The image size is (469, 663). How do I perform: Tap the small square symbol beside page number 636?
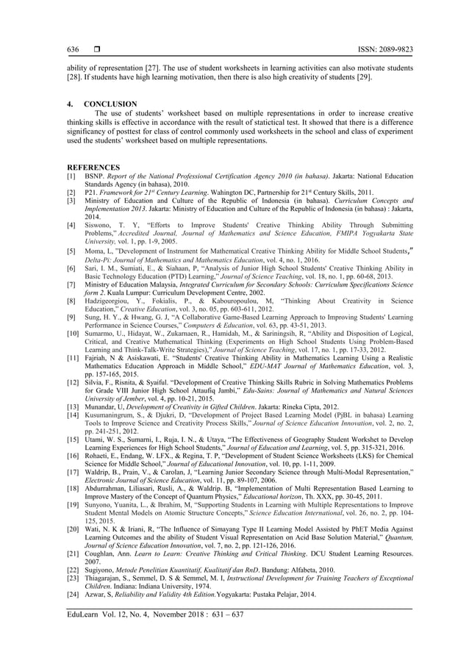point(96,50)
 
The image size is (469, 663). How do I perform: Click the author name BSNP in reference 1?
point(96,177)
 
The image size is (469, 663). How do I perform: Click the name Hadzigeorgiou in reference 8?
point(114,301)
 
